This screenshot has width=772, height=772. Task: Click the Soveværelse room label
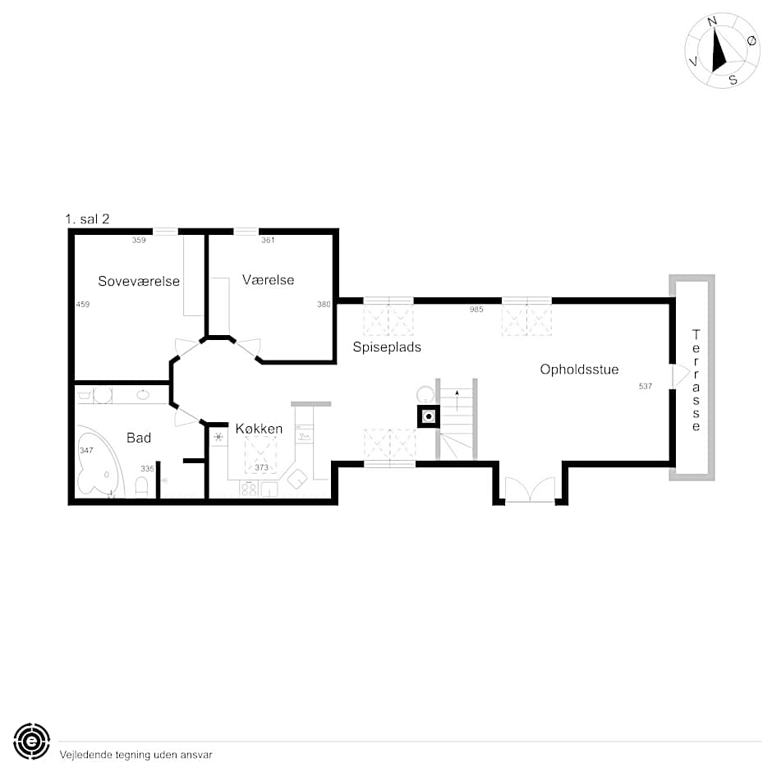[139, 281]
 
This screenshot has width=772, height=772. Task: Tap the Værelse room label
[269, 280]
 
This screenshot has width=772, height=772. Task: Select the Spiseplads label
[387, 347]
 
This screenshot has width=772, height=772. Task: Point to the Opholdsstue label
[580, 370]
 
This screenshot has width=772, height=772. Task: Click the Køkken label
[259, 429]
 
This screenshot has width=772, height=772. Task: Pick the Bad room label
[139, 438]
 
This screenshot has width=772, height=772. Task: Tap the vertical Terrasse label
[696, 380]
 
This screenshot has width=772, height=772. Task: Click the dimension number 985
[476, 309]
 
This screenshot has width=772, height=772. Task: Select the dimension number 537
[645, 386]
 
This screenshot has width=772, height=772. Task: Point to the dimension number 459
[83, 304]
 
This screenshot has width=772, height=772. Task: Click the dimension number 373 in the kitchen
[261, 467]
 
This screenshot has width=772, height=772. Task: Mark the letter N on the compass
[712, 21]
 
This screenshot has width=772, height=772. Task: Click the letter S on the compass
[733, 80]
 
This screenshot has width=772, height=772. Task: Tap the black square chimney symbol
[429, 416]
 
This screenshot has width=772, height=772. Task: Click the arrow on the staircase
[457, 400]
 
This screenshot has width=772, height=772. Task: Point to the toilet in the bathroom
[141, 486]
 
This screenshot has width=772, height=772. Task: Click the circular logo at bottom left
[31, 741]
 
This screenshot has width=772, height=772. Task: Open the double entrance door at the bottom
[530, 489]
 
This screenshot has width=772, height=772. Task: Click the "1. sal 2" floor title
[87, 219]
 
